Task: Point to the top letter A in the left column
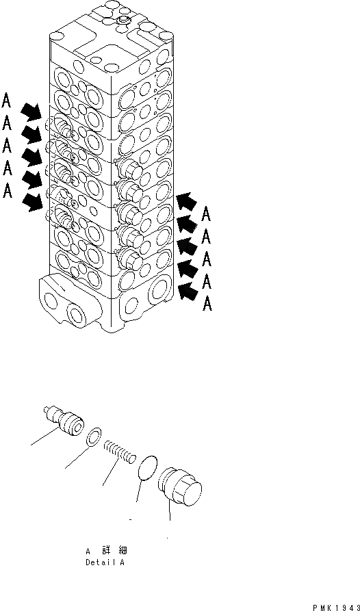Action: point(7,101)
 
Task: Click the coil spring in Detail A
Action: point(120,452)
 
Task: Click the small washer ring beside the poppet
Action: point(94,437)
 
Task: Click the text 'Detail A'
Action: point(105,563)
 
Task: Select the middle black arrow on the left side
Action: point(31,156)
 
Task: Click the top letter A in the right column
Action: point(207,215)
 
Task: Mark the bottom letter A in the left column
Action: point(7,192)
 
